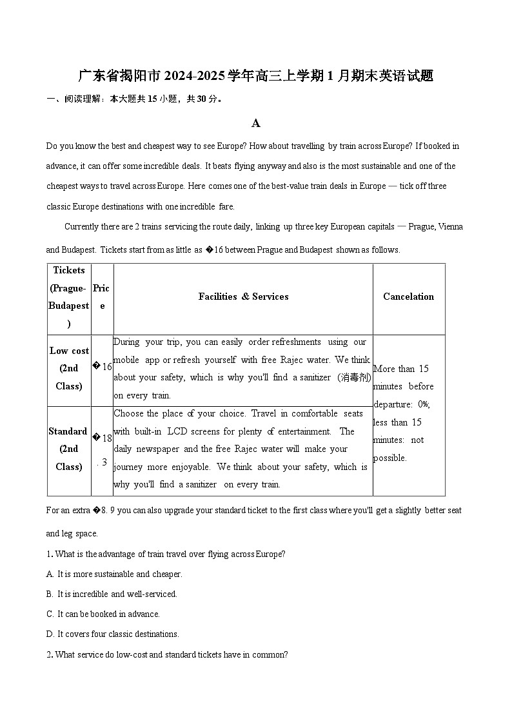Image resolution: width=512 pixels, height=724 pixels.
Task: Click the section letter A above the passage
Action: [256, 123]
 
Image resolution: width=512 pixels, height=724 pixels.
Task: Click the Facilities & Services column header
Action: [243, 297]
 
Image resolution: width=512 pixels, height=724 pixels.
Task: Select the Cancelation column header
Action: [408, 297]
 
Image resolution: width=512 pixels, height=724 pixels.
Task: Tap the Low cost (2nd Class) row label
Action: [69, 369]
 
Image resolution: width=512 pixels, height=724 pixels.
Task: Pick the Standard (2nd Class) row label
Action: [68, 449]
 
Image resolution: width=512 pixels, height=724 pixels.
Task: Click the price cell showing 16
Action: [103, 367]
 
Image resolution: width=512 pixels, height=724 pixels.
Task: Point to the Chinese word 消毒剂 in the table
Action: [354, 377]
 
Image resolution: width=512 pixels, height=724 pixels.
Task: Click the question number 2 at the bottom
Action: [49, 654]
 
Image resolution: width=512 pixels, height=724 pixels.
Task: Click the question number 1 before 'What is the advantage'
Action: [48, 554]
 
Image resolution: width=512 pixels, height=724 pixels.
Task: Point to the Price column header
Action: [102, 297]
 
